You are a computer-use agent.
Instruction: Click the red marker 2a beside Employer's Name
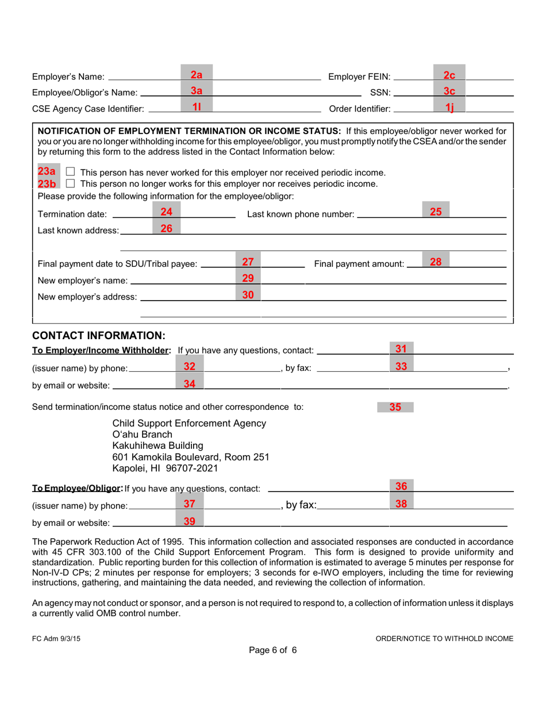pos(197,75)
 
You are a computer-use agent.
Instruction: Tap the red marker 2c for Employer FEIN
pos(449,75)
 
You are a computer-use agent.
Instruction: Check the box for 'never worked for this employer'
pos(70,172)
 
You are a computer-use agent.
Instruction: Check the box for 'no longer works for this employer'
pos(70,184)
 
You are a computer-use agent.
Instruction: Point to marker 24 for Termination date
pos(167,212)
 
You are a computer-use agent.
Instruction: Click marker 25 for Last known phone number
pos(436,212)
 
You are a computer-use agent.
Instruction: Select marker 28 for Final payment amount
pos(436,262)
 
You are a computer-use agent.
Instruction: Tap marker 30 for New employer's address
pos(248,295)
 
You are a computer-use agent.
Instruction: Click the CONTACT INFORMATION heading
pos(99,335)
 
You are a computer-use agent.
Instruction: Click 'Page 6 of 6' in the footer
pos(272,650)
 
